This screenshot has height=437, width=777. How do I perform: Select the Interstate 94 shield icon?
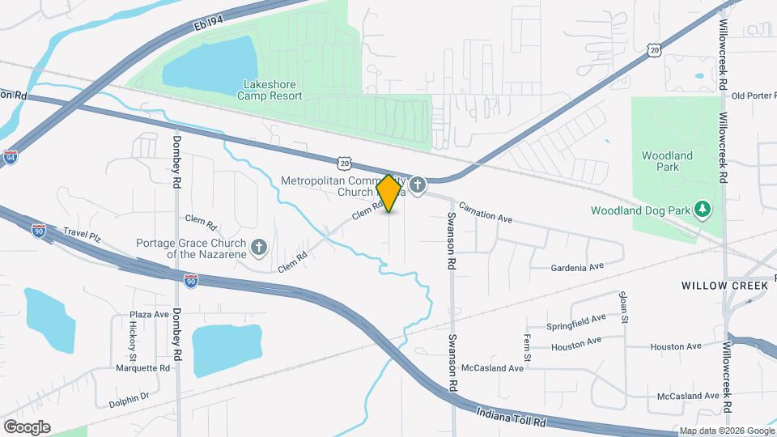coord(11,157)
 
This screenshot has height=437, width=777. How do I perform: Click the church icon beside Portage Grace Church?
coord(259,247)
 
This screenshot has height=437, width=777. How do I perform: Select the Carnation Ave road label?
coord(486,214)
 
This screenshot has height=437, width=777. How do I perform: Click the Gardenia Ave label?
coord(577,267)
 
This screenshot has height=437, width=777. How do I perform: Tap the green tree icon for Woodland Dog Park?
coord(703,210)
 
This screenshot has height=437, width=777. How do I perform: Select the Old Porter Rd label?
coord(753,96)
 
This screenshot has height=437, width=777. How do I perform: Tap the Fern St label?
coord(526,348)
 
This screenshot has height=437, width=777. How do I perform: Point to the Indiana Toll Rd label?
coord(512,415)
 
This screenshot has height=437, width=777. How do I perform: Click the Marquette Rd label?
coord(142,367)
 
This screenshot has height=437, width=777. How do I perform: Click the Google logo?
coord(27,426)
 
